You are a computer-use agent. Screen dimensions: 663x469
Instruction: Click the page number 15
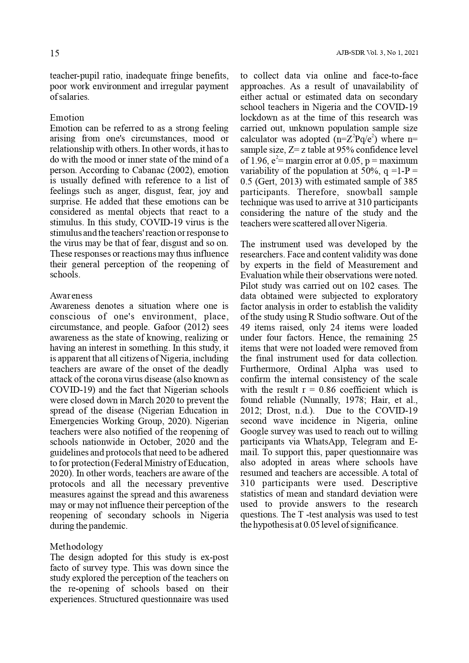pyautogui.click(x=54, y=53)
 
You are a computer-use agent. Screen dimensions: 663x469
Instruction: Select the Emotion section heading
pyautogui.click(x=67, y=118)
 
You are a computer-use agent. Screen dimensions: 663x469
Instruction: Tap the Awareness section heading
pyautogui.click(x=71, y=296)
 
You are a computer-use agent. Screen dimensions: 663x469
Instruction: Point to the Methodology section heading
pyautogui.click(x=76, y=547)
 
